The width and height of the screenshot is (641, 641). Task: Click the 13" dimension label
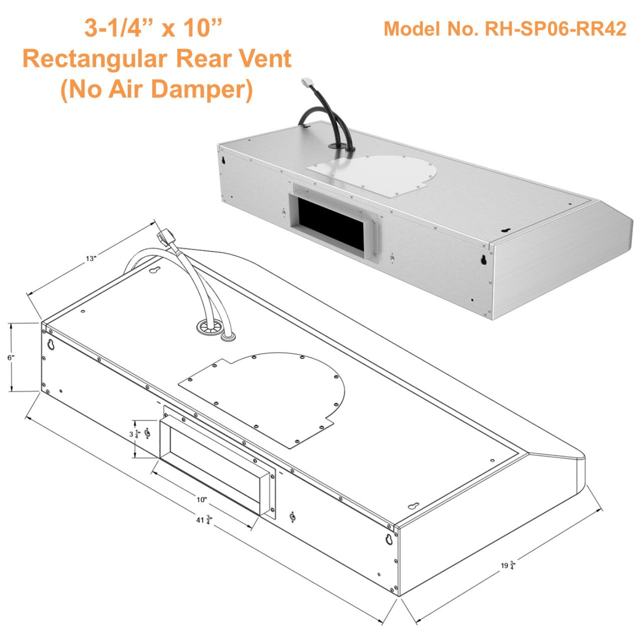(x=91, y=259)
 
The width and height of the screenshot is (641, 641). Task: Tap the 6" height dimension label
(x=11, y=357)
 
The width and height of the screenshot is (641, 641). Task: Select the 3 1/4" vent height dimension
(x=133, y=434)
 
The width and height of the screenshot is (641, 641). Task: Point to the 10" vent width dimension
(x=201, y=500)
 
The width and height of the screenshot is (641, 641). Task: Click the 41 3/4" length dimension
(x=203, y=520)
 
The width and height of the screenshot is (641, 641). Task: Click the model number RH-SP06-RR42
(x=505, y=29)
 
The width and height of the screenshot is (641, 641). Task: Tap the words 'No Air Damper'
(x=157, y=89)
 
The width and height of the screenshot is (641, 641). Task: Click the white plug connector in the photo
(x=306, y=84)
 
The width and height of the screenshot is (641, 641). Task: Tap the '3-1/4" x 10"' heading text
(x=153, y=28)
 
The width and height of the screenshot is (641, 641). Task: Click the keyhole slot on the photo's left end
(x=223, y=161)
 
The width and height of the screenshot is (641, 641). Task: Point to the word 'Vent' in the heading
(x=266, y=59)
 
